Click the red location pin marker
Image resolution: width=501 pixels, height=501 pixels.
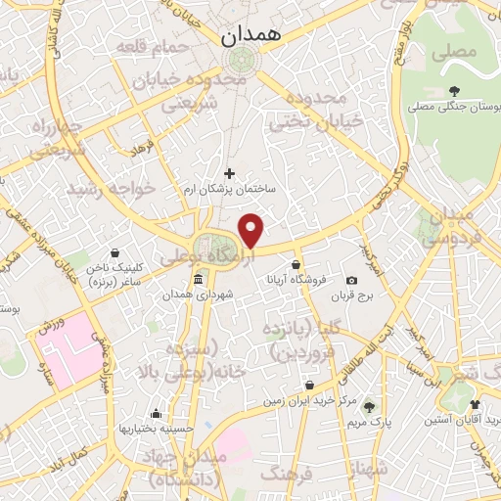(x=252, y=231)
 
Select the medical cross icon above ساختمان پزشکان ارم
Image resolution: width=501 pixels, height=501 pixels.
(x=230, y=173)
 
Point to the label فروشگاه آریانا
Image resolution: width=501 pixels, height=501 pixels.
(x=295, y=279)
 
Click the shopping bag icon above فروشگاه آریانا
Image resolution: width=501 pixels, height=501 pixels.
(x=296, y=264)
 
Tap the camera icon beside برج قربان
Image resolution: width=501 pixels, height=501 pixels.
(x=352, y=281)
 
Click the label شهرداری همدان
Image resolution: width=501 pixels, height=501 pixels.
(x=199, y=295)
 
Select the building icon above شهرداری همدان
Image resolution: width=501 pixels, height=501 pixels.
(x=199, y=280)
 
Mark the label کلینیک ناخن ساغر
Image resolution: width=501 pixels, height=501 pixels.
(x=115, y=273)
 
